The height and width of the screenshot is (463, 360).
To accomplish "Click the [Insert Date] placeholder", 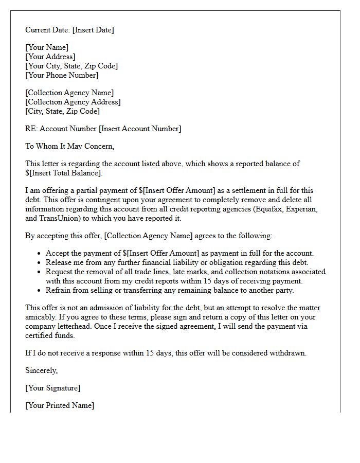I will [93, 30].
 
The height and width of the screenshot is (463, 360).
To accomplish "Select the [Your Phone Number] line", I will [62, 75].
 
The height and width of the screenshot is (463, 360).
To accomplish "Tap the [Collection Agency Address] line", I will [73, 102].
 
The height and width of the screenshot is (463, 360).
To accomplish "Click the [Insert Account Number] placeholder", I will [140, 129].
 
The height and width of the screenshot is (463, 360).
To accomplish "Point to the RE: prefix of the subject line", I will [31, 129].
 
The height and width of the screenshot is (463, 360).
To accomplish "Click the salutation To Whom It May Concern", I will [69, 146].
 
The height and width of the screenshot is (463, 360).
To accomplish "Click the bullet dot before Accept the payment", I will [39, 254].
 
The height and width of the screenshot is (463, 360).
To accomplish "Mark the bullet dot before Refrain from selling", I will [39, 291].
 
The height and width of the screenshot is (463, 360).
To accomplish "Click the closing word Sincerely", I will [42, 370].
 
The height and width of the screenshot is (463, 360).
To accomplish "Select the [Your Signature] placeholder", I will [53, 388].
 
